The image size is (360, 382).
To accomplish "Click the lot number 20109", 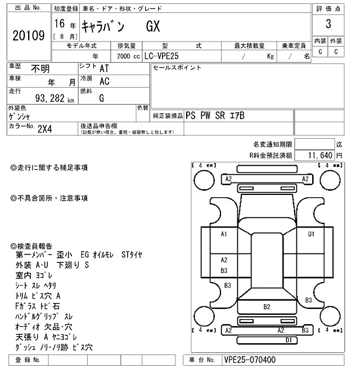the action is click(28, 35).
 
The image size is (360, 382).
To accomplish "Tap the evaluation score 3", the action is click(327, 25).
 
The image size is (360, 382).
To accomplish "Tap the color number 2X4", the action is click(45, 128).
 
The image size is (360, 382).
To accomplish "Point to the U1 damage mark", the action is click(310, 234).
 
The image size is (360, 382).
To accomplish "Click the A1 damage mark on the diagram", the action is click(223, 234).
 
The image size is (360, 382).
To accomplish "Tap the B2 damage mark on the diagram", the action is click(267, 307).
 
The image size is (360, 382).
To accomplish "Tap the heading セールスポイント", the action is click(177, 68).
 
